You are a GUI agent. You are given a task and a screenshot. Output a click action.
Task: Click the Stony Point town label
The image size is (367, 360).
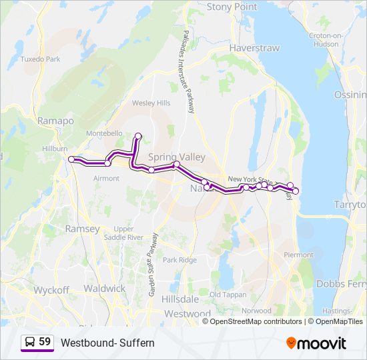click(232, 7)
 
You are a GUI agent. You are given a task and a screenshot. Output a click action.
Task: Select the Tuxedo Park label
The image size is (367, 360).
click(41, 59)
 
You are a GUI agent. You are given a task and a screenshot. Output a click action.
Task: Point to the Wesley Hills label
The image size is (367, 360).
click(151, 103)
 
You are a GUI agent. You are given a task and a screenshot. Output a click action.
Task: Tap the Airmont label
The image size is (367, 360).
click(106, 178)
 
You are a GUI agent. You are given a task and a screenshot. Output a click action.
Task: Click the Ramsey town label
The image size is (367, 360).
click(82, 229)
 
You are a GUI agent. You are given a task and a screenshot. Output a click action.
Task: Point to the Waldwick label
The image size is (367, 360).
click(105, 289)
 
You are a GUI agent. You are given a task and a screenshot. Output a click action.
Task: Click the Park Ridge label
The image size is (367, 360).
click(179, 260)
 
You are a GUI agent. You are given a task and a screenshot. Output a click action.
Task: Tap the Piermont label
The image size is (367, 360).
click(298, 255)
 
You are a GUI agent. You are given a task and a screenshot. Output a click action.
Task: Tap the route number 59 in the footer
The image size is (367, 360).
click(45, 341)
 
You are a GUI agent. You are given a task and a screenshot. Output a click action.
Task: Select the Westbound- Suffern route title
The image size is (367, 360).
click(107, 343)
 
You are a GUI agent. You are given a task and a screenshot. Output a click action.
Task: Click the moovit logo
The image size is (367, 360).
click(316, 343)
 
